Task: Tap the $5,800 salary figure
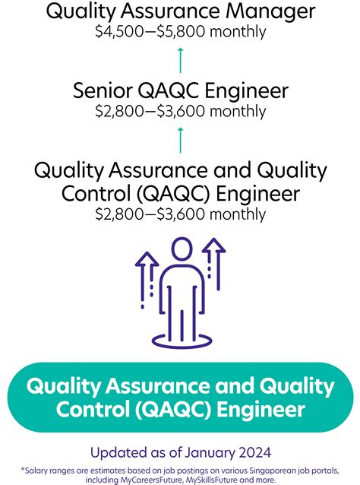click(x=195, y=31)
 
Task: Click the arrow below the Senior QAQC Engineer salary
click(x=180, y=139)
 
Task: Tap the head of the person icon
click(x=181, y=250)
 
